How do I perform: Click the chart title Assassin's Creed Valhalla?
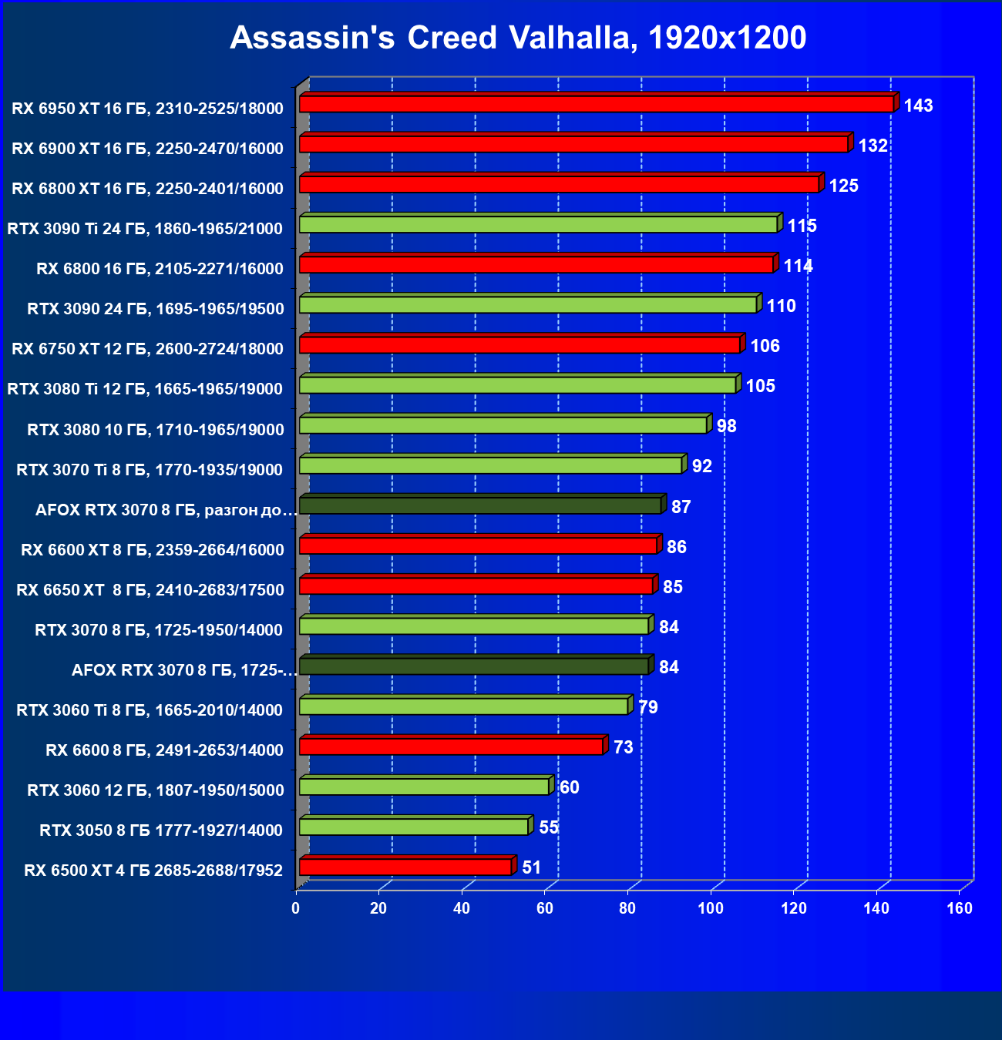518,38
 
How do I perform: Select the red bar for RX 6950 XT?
596,104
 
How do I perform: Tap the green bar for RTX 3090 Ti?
538,224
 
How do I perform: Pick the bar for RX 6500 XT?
405,867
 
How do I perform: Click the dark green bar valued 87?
479,506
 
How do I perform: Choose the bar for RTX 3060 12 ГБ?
424,787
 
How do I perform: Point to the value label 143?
919,106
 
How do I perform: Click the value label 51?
532,867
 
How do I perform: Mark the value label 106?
765,346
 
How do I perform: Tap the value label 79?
648,707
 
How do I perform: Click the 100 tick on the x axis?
711,908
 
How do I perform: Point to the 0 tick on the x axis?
296,908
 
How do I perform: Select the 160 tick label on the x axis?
960,908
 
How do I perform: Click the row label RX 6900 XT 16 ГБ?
148,149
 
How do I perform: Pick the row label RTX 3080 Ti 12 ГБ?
145,389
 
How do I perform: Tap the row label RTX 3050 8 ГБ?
161,830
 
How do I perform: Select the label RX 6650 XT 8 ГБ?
150,590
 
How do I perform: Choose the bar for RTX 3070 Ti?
490,465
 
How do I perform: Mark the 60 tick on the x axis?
545,908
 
